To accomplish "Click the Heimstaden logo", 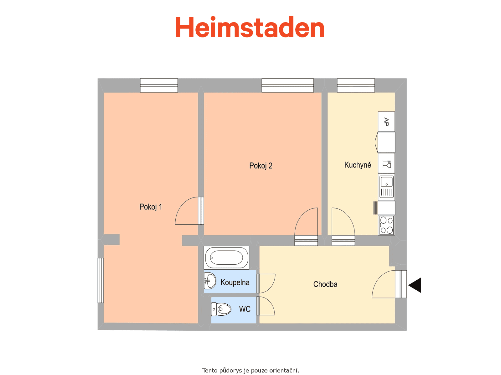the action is click(x=250, y=27).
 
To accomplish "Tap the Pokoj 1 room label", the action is click(x=151, y=207).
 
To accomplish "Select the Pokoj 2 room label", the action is click(x=261, y=166).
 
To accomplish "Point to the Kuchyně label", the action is click(x=358, y=165).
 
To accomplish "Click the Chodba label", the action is click(x=325, y=284).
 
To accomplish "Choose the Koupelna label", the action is click(x=235, y=282).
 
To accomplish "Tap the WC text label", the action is click(x=245, y=309).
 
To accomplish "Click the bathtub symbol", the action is click(x=226, y=257).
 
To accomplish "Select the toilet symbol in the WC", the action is click(x=221, y=309).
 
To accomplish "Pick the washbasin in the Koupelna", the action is click(x=210, y=281).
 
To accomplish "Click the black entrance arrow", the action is click(x=415, y=285).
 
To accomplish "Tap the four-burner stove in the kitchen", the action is click(x=386, y=225).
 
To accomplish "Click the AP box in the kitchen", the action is click(x=386, y=122).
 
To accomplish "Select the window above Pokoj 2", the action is click(x=287, y=85).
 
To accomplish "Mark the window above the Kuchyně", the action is click(x=356, y=85).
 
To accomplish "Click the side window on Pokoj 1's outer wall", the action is click(x=101, y=280).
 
